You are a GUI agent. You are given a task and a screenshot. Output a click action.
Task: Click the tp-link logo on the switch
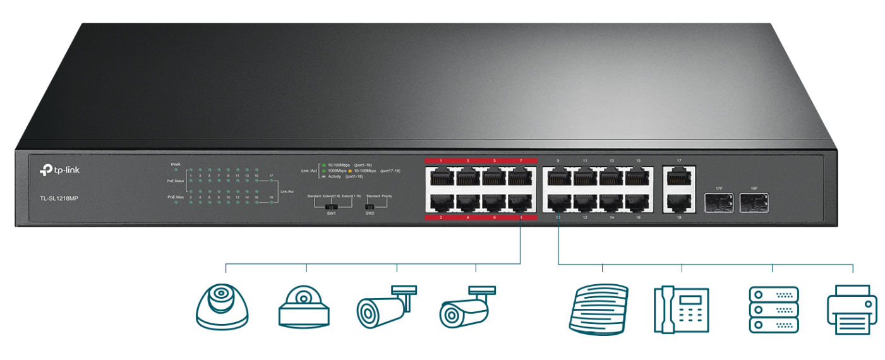pos(60,169)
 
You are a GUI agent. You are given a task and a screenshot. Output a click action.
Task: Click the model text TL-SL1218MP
pos(59,198)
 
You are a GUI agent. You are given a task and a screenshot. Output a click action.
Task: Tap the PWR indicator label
pos(176,164)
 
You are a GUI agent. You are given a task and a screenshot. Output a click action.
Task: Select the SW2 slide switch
pos(370,206)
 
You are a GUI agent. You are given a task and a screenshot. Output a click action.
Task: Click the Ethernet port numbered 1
pos(440,177)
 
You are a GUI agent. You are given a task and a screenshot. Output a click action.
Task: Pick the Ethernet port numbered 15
pos(639,177)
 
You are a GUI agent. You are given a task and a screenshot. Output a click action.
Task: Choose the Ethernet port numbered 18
pos(679,201)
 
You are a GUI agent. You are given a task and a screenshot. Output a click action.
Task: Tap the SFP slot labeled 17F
pos(719,203)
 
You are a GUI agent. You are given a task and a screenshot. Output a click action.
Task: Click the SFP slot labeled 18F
pos(754,203)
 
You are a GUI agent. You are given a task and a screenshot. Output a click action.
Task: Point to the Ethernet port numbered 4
pos(467,202)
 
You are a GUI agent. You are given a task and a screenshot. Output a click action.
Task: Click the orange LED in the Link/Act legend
pos(350,171)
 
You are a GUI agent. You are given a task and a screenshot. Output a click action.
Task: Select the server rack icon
pos(773,309)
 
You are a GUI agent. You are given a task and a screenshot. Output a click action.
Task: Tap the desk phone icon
pos(681,309)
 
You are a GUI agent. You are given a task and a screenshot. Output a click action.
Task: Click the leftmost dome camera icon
pos(222,306)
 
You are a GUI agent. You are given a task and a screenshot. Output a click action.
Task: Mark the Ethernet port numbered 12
pos(586,202)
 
